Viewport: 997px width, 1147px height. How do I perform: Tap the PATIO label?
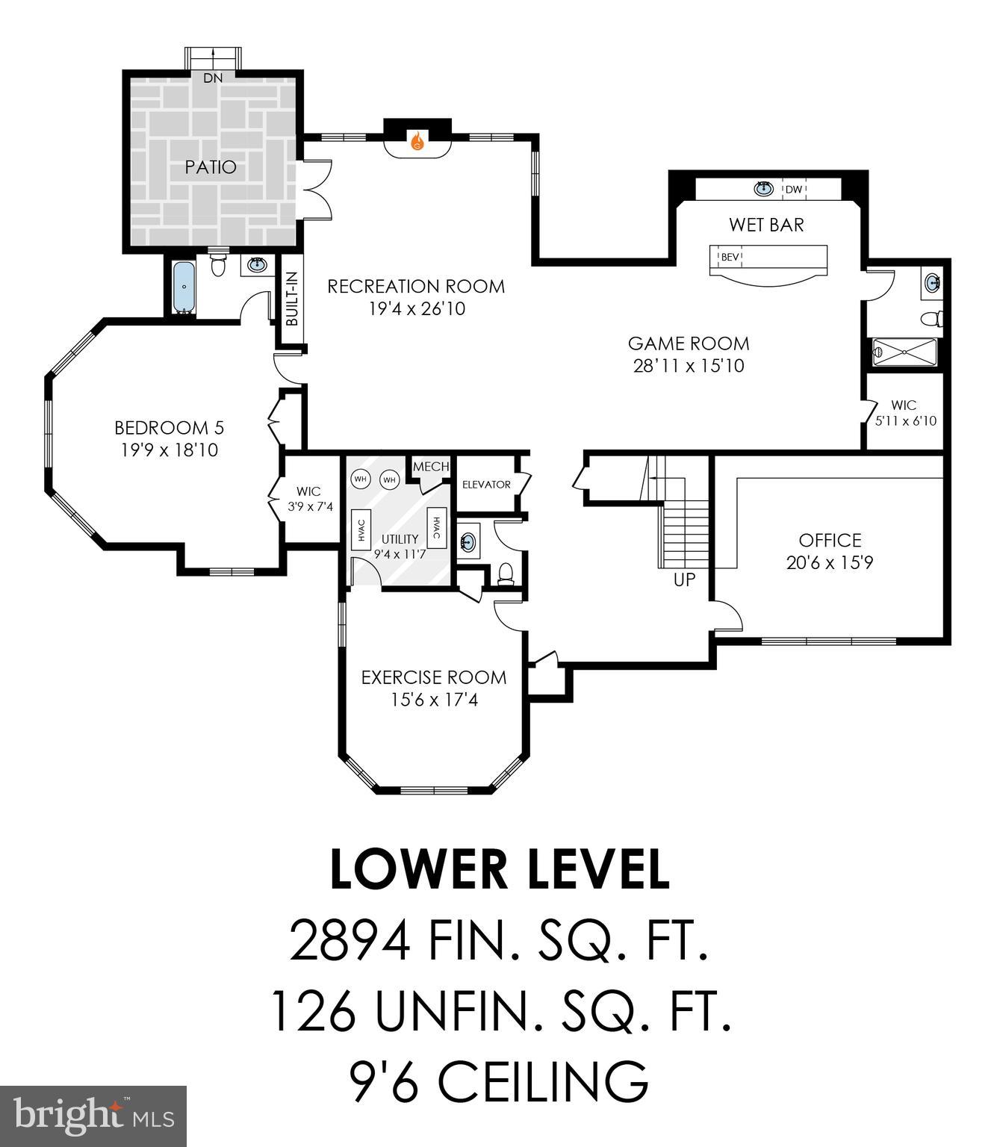pos(211,167)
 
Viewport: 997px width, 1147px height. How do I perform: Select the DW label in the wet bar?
pos(793,190)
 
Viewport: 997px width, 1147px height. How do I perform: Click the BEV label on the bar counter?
pos(730,258)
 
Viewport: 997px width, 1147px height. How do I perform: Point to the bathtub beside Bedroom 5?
pos(184,287)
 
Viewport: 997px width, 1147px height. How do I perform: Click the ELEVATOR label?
pos(486,485)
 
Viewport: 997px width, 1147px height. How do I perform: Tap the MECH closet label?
pos(431,467)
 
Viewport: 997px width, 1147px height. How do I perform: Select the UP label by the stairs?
pos(684,579)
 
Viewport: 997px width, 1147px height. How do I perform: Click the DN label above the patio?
pos(213,78)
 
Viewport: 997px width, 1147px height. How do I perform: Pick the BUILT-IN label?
pos(292,299)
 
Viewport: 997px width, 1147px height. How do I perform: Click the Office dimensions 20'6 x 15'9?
pos(829,562)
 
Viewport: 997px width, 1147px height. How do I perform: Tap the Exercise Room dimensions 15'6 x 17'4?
pos(434,700)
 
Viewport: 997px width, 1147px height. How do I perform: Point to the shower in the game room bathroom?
pos(904,352)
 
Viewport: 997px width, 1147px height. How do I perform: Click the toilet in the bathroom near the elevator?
pos(506,573)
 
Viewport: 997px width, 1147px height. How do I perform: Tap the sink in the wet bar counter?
pos(762,188)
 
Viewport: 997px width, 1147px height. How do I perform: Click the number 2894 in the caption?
pos(349,941)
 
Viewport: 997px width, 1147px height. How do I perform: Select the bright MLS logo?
pos(93,1116)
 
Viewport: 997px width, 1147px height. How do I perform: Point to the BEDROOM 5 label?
pos(169,428)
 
